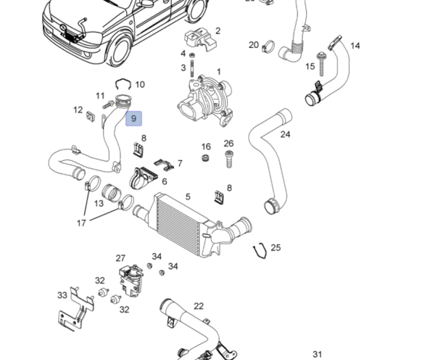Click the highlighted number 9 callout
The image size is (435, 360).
tap(133, 119)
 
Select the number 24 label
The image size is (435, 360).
tap(285, 134)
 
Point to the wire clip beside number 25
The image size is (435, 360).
tap(258, 253)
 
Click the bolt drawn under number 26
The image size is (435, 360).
tap(229, 157)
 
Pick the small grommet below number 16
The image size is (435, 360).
tap(206, 159)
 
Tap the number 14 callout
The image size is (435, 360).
tap(355, 46)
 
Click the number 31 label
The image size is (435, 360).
tap(317, 354)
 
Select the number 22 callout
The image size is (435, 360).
tap(198, 306)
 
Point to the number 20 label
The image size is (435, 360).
tap(254, 45)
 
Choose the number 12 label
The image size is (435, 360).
tap(78, 110)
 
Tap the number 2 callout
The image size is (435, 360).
tap(217, 31)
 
